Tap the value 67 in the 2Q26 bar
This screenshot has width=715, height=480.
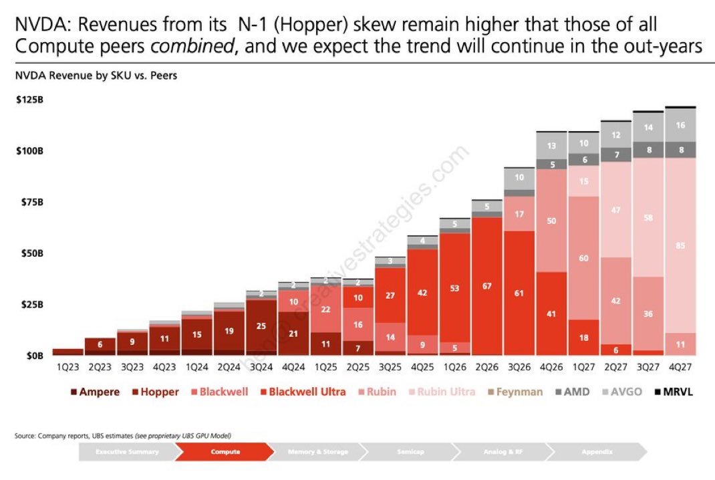point(486,286)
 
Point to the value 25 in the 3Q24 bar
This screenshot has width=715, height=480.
point(261,325)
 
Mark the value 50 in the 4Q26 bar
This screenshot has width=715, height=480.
point(551,221)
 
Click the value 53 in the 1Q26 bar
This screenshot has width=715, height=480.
point(454,289)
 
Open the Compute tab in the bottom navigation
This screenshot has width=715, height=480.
point(225,452)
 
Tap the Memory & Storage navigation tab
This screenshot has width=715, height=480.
point(318,452)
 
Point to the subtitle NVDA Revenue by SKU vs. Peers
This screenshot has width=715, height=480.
point(96,76)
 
